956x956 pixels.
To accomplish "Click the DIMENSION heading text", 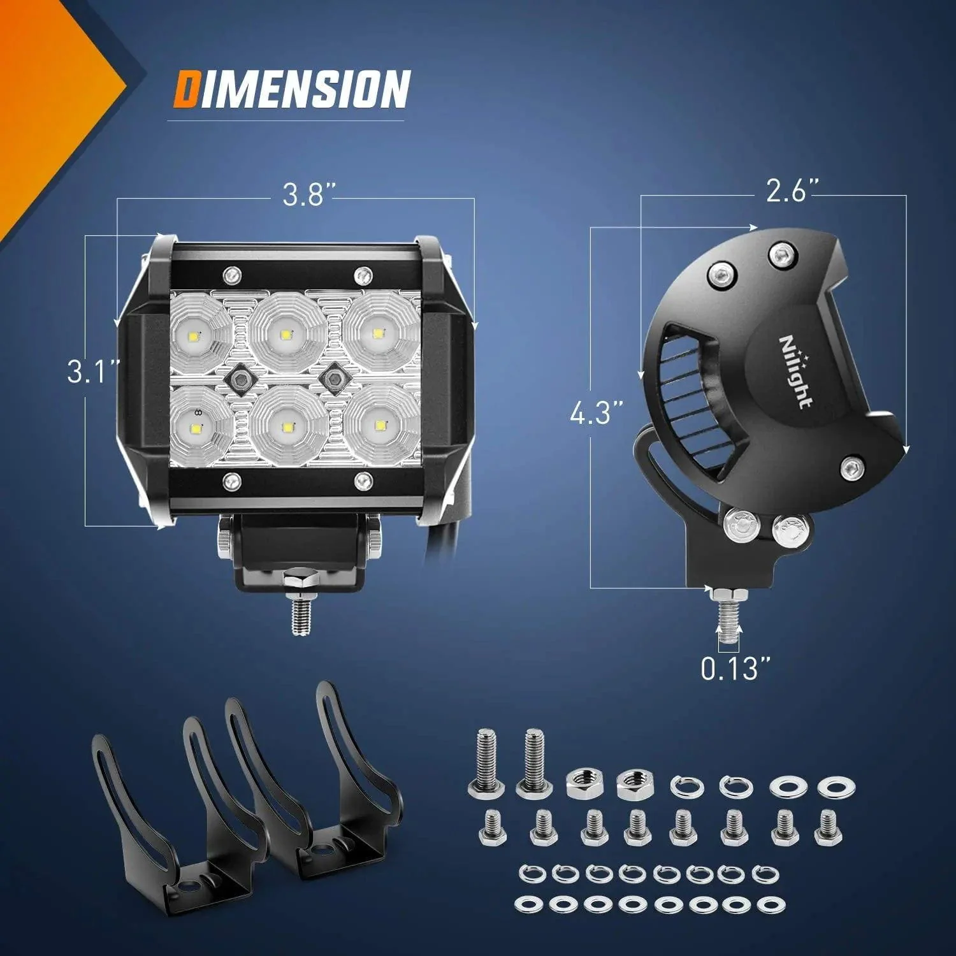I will tap(291, 89).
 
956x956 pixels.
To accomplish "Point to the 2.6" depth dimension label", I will tap(792, 191).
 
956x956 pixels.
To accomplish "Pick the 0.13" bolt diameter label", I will tap(736, 669).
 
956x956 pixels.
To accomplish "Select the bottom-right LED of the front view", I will tap(380, 424).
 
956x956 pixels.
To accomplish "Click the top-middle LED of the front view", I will tap(287, 334).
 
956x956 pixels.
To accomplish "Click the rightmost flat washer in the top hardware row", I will tap(836, 787).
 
